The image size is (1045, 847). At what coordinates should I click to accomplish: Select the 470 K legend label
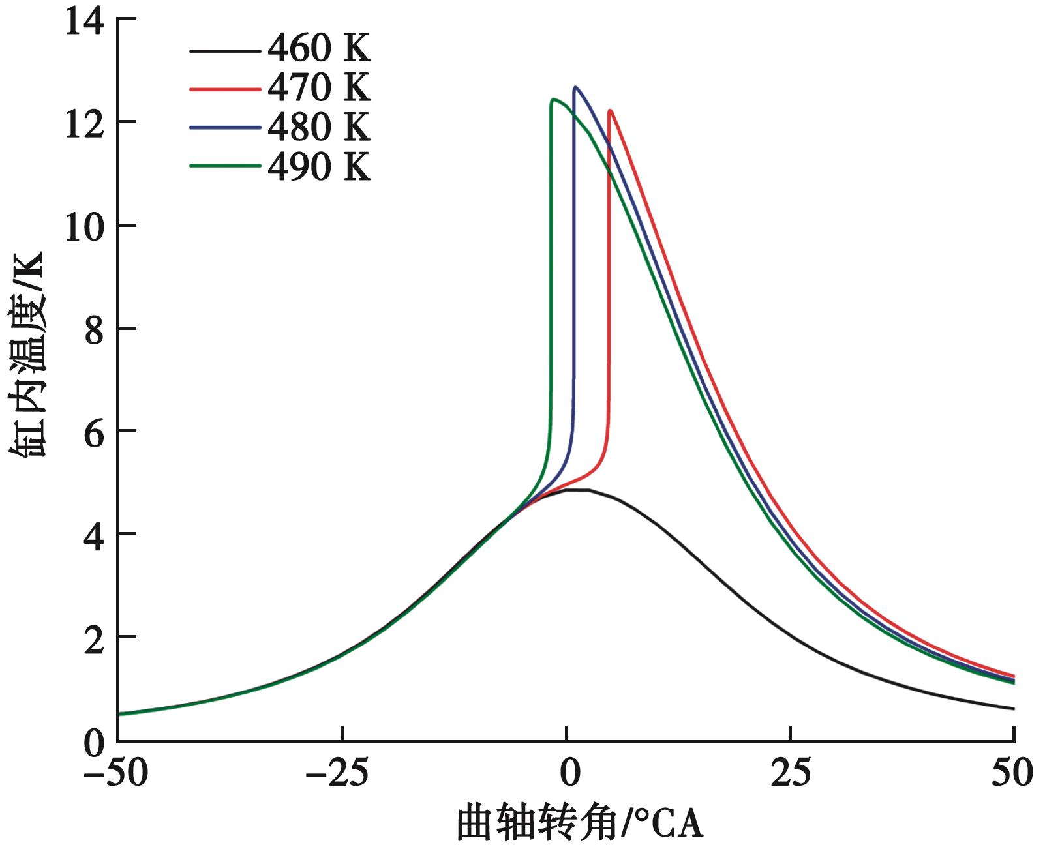click(318, 88)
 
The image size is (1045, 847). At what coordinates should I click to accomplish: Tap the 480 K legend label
click(318, 127)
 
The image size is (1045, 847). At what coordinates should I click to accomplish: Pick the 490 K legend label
click(318, 167)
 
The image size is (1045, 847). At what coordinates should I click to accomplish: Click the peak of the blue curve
click(576, 87)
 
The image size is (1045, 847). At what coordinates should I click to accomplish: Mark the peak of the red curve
click(611, 110)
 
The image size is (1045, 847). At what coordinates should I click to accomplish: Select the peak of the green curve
click(554, 99)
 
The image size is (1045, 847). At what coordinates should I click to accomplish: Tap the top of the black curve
click(577, 489)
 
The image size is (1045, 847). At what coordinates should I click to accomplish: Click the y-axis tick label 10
click(85, 226)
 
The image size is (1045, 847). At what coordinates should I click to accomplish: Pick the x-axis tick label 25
click(791, 773)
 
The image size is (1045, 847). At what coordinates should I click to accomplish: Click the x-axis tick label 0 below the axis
click(569, 773)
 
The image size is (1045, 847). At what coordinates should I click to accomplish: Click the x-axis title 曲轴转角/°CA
click(579, 824)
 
